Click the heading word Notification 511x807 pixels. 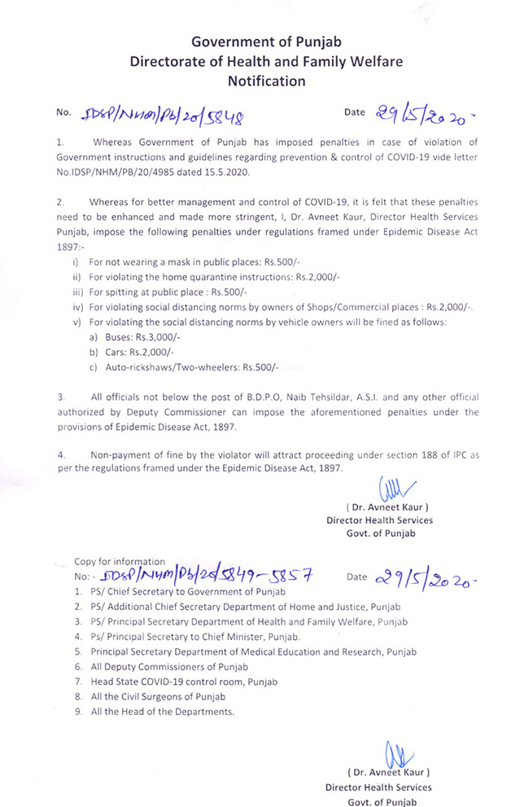(x=255, y=81)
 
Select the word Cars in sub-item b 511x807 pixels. (x=114, y=352)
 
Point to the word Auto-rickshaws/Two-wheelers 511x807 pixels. (x=172, y=366)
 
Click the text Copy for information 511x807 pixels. (x=120, y=561)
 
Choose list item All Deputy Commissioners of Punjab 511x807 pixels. (x=169, y=667)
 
